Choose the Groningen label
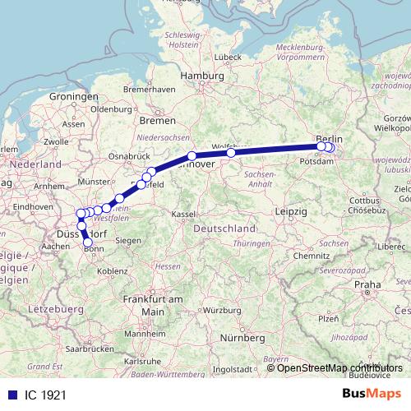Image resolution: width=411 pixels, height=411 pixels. click(x=73, y=96)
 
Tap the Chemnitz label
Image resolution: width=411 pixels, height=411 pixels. click(x=312, y=256)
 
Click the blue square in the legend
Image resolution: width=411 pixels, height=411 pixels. click(x=8, y=395)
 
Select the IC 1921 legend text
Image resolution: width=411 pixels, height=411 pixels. click(x=40, y=395)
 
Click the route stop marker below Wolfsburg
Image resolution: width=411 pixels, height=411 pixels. click(x=231, y=152)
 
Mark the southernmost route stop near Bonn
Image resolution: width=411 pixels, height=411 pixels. click(x=88, y=242)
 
